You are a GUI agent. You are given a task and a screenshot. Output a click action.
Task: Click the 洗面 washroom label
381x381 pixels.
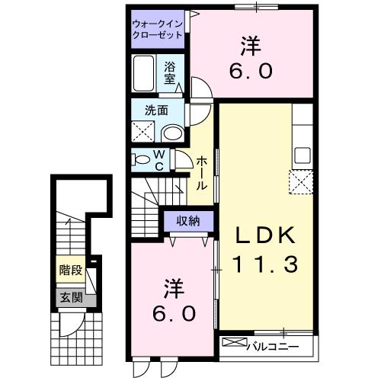point(157,110)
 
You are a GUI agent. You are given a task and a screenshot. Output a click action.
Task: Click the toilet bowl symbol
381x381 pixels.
point(142,159)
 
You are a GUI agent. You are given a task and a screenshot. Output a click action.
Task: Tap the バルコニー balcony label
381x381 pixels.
point(272,347)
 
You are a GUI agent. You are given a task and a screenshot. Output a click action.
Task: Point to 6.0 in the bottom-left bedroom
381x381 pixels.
point(172,312)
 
